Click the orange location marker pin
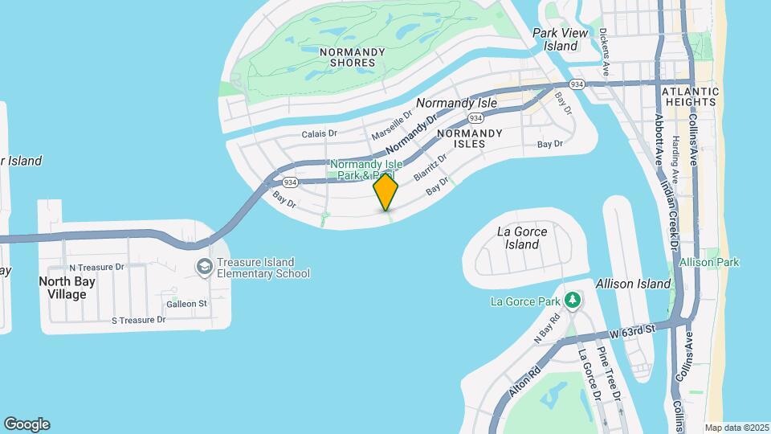pos(386,191)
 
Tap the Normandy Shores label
pos(352,57)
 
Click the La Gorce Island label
pos(523,238)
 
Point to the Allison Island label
pos(633,284)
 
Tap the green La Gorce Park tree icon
pos(573,301)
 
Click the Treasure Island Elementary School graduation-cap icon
pos(205,266)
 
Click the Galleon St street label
pos(187,304)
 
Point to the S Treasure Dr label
pos(138,320)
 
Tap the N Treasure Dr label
pos(96,267)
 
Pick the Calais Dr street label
pos(320,134)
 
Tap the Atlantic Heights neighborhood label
pos(690,97)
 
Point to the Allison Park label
pos(709,263)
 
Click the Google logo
pos(27,424)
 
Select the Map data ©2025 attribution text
pos(736,428)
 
